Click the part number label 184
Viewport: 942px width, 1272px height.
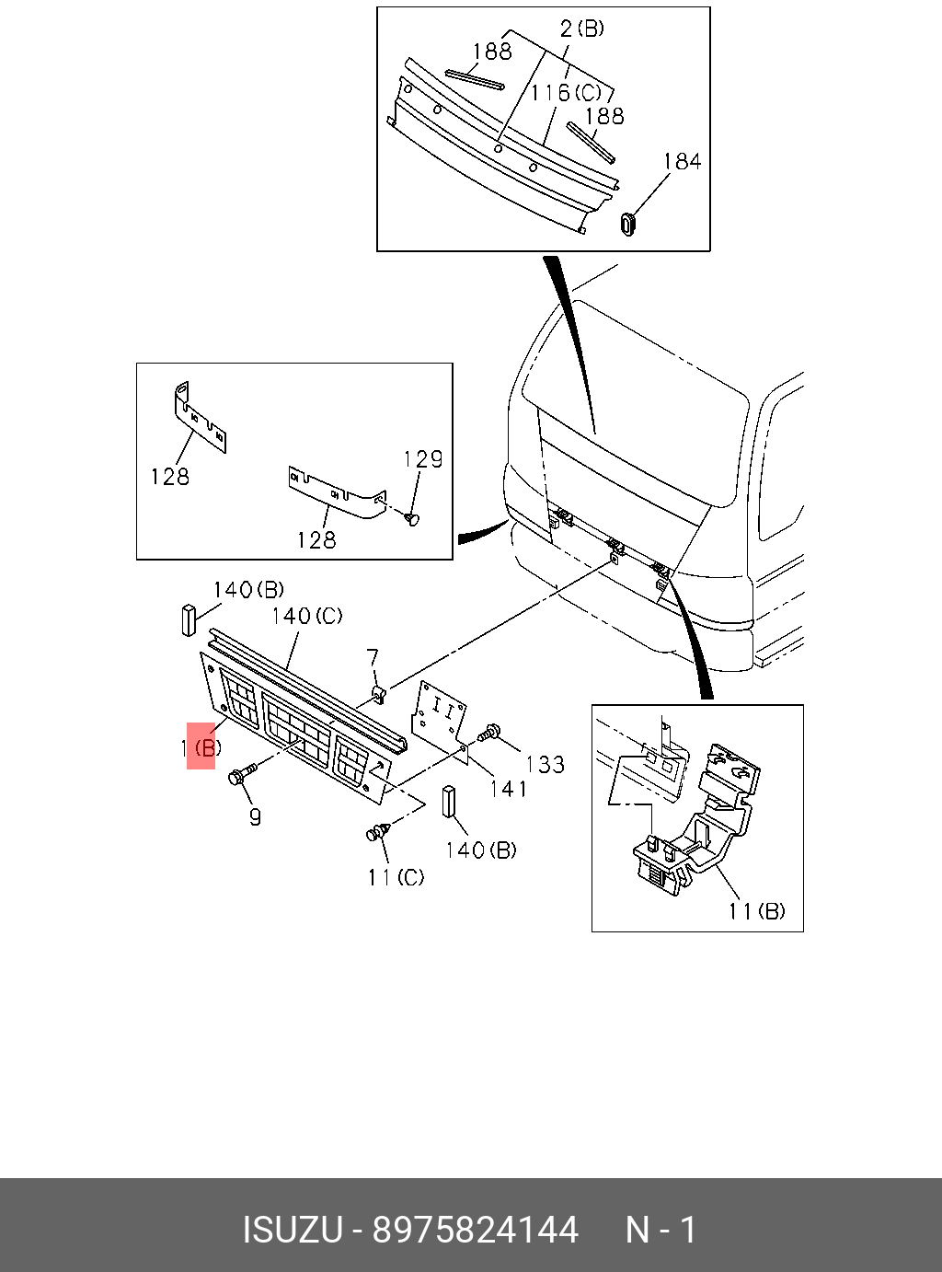pyautogui.click(x=682, y=162)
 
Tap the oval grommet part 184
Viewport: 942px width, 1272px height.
pyautogui.click(x=629, y=223)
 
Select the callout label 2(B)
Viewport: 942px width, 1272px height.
pyautogui.click(x=581, y=29)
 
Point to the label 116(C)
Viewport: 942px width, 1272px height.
pyautogui.click(x=565, y=93)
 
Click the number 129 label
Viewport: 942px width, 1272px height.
pyautogui.click(x=423, y=459)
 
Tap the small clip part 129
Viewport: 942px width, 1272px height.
pyautogui.click(x=411, y=520)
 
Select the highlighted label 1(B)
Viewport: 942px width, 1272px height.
pyautogui.click(x=201, y=747)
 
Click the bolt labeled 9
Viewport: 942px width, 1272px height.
pyautogui.click(x=237, y=776)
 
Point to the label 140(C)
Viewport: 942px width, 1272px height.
pyautogui.click(x=307, y=616)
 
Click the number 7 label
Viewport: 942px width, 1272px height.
pyautogui.click(x=372, y=658)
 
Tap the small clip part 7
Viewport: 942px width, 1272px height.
pyautogui.click(x=378, y=691)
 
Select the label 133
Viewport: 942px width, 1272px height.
pyautogui.click(x=545, y=764)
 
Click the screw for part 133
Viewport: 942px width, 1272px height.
pyautogui.click(x=488, y=734)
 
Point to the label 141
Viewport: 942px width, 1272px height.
pyautogui.click(x=508, y=789)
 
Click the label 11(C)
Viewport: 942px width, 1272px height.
pyautogui.click(x=396, y=878)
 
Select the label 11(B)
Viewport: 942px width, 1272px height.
pyautogui.click(x=756, y=911)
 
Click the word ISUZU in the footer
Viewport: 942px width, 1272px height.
pyautogui.click(x=292, y=1230)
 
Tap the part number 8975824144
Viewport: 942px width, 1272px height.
pyautogui.click(x=475, y=1230)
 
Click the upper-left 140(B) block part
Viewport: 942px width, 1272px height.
pyautogui.click(x=189, y=619)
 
